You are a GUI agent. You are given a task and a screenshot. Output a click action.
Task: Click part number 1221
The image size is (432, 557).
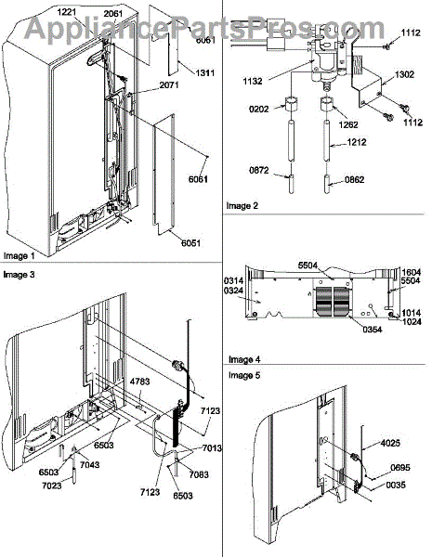[x=67, y=12]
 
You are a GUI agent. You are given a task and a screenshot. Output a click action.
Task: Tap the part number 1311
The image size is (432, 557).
[x=205, y=72]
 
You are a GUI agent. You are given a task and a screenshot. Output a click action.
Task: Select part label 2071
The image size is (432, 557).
[x=169, y=84]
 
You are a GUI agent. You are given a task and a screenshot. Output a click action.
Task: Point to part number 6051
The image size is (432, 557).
[x=191, y=243]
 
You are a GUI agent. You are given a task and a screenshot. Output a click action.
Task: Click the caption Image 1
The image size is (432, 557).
[x=20, y=256]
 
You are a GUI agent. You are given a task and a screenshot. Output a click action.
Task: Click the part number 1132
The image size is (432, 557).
[x=253, y=82]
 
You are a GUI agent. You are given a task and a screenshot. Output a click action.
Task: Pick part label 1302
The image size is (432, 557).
[x=404, y=74]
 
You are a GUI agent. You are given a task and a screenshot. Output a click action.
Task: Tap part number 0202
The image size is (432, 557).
[x=259, y=109]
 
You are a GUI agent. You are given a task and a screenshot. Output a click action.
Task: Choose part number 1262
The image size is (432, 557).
[x=348, y=124]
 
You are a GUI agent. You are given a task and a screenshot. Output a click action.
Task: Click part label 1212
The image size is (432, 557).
[x=356, y=142]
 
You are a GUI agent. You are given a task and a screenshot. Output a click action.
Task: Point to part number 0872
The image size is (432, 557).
[x=259, y=170]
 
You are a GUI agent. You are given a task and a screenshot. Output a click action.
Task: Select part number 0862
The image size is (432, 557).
[x=355, y=180]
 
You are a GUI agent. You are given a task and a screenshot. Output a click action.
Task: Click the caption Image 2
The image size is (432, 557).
[x=242, y=206]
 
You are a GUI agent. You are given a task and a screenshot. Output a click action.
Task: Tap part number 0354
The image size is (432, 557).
[x=373, y=330]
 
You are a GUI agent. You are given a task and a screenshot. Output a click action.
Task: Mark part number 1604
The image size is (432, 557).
[x=411, y=272]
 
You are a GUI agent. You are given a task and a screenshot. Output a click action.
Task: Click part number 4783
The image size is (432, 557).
[x=140, y=382]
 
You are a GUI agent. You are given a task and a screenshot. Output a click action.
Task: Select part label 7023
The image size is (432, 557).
[x=52, y=486]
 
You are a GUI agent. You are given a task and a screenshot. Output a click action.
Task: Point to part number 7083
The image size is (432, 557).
[x=199, y=474]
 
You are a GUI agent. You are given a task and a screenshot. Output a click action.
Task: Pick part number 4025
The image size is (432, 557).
[x=390, y=443]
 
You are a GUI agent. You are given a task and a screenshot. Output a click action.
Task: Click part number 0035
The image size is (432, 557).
[x=396, y=485]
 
